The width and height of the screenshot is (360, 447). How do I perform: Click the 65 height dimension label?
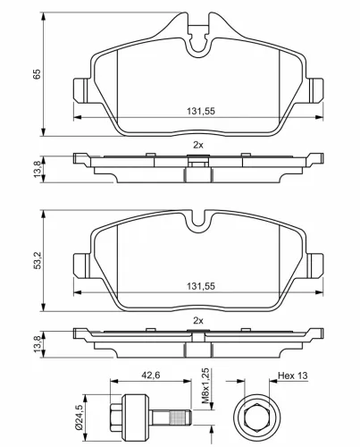pos(37,74)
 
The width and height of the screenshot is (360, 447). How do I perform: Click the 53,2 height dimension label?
pos(37,260)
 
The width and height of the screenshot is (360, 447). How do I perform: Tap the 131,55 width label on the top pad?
pos(201,111)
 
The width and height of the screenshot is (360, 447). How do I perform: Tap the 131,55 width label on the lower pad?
pos(201,286)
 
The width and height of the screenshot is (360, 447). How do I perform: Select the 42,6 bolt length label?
pos(150,375)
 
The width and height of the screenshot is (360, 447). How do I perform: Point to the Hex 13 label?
pos(293,375)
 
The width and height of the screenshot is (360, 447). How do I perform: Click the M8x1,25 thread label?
pos(205,387)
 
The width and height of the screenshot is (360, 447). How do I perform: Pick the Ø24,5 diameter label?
pos(79,418)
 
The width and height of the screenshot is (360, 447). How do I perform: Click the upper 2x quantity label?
pos(198,145)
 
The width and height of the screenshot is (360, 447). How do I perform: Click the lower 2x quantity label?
pos(198,321)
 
